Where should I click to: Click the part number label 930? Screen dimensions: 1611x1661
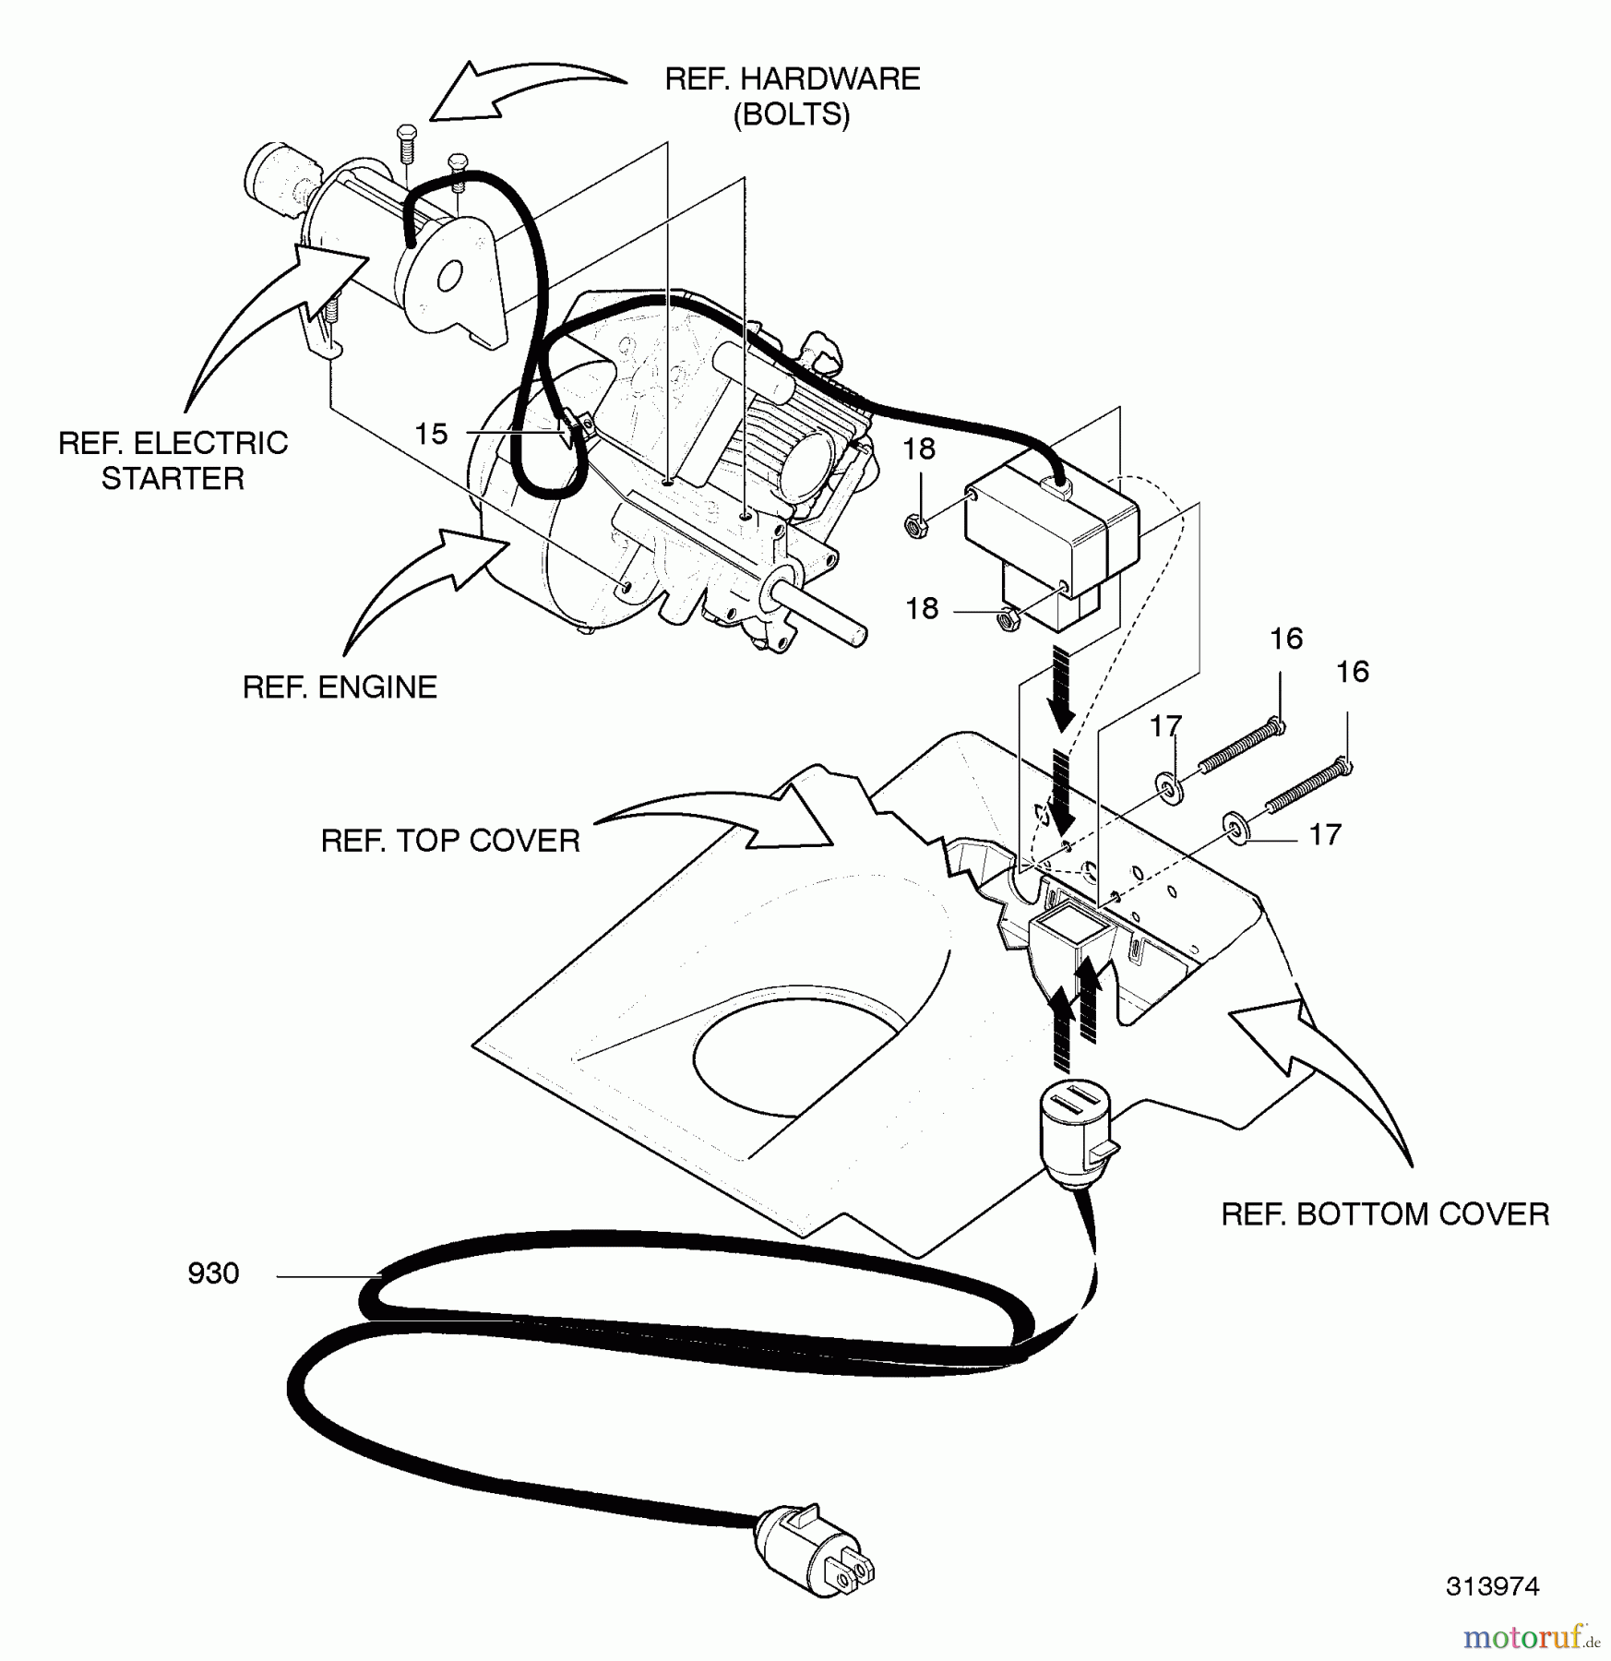point(213,1273)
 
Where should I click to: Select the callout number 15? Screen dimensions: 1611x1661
point(431,434)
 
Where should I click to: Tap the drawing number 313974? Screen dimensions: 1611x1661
point(1492,1585)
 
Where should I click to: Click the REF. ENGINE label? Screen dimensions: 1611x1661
point(340,687)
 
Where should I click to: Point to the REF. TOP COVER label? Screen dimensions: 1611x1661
point(450,841)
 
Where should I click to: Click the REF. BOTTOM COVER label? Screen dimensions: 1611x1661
point(1385,1214)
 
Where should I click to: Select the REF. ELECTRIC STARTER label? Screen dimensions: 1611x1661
point(173,460)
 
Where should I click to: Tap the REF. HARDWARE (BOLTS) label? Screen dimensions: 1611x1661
point(792,96)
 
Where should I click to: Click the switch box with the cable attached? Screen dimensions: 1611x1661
point(1052,538)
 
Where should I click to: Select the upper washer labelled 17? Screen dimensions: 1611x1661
point(1170,789)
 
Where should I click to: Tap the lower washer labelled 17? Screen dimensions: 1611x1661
point(1235,828)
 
